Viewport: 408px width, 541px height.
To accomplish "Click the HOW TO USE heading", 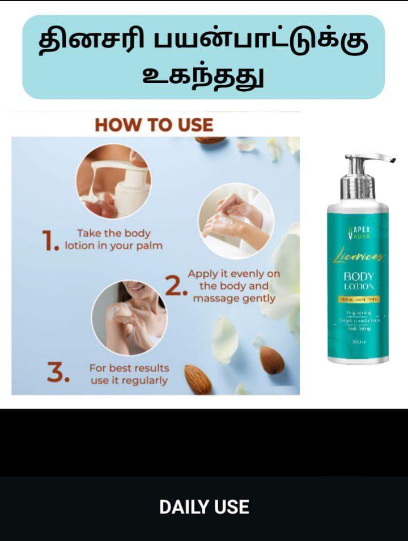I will click(154, 124).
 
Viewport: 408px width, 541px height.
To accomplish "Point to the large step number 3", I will click(58, 373).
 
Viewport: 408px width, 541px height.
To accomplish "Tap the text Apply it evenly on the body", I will click(233, 286).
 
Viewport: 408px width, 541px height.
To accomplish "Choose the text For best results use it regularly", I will click(129, 374).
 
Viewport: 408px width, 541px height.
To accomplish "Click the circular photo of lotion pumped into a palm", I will click(113, 181).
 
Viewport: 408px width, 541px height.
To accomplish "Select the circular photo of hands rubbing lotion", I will click(236, 220).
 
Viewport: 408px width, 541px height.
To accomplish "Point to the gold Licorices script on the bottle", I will click(358, 256).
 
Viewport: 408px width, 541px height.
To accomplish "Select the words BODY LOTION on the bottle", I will click(358, 281).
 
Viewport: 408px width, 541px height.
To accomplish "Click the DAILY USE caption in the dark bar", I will click(204, 507).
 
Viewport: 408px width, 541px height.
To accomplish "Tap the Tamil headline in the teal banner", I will click(203, 57).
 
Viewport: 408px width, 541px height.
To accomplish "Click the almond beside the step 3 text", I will click(197, 379).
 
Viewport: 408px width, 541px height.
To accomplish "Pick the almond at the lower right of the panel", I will click(272, 360).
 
